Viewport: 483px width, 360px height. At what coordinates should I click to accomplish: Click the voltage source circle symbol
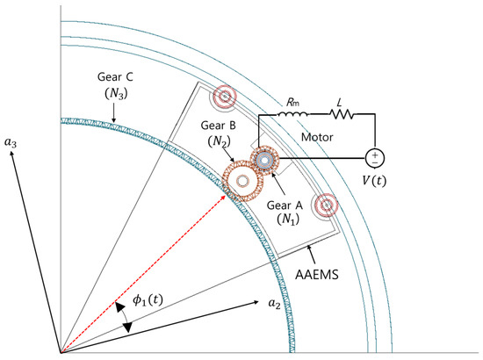point(375,158)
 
